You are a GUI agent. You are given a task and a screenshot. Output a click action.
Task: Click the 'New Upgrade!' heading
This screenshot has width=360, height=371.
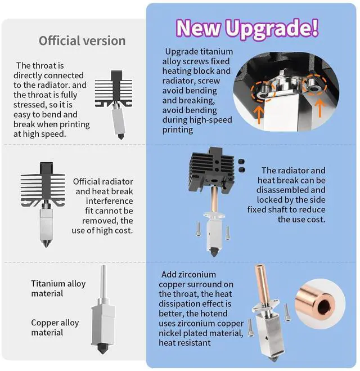pyautogui.click(x=247, y=28)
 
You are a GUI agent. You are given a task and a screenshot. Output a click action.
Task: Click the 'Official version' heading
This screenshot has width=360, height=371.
pyautogui.click(x=82, y=41)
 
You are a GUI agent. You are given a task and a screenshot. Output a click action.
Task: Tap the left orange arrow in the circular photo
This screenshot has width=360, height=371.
pyautogui.click(x=259, y=115)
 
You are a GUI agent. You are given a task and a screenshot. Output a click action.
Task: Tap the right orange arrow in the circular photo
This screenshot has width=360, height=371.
pyautogui.click(x=320, y=108)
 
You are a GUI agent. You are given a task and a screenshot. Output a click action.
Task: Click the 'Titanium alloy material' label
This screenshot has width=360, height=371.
pyautogui.click(x=58, y=288)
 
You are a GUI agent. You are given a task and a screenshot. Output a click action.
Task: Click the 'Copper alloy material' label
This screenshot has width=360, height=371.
pyautogui.click(x=55, y=328)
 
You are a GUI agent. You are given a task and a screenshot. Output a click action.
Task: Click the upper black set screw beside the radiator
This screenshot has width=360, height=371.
pyautogui.click(x=241, y=162)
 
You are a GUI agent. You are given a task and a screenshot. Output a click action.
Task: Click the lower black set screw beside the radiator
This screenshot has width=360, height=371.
pyautogui.click(x=242, y=169)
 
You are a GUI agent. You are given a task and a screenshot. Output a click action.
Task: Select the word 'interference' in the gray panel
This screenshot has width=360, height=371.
pyautogui.click(x=109, y=201)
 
